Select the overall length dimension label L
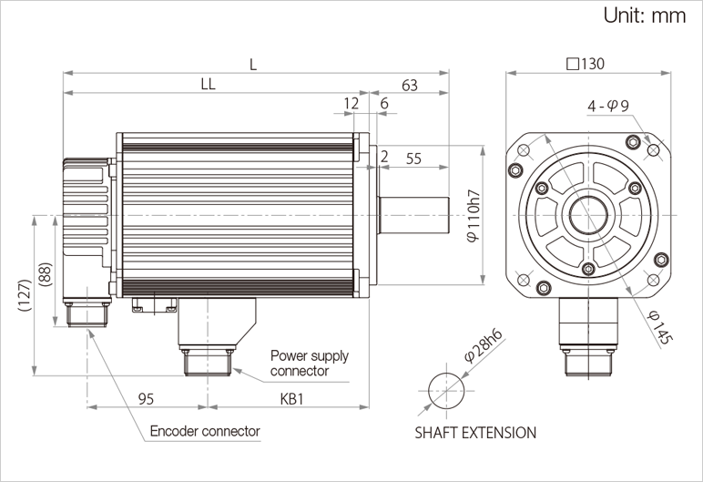coord(254,65)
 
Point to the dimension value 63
coord(409,86)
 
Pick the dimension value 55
coord(413,158)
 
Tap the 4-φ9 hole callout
coord(607,107)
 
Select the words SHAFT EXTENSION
coord(475,433)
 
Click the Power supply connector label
coord(310,363)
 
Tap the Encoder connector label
coord(205,431)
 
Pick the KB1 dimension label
coord(292,399)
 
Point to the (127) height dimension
coord(25,296)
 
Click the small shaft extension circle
coord(446,389)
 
